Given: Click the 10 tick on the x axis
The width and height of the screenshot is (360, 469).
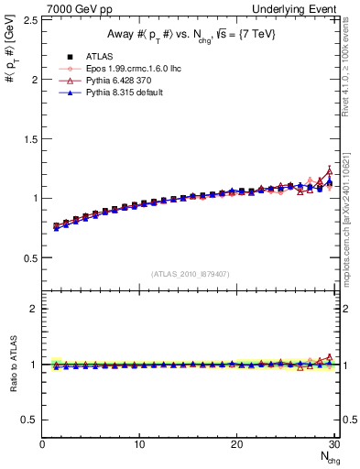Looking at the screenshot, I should (139, 444).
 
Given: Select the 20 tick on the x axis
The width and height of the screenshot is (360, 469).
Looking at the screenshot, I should (236, 444).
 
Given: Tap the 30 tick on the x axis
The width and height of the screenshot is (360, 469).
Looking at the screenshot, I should (333, 444).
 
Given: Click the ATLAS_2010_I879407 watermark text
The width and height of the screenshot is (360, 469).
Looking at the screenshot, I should (190, 273).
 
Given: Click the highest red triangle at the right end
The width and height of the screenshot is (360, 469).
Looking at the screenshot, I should (329, 171).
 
